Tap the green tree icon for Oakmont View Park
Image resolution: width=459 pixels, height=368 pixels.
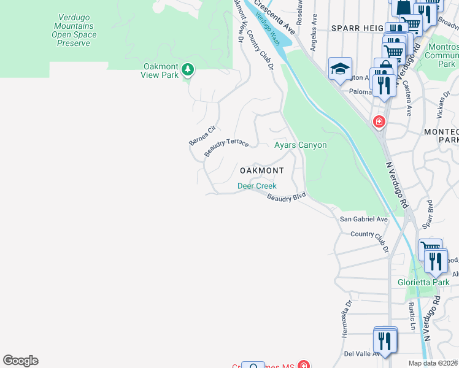(x=188, y=70)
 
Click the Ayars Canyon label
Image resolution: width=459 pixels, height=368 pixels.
(x=300, y=145)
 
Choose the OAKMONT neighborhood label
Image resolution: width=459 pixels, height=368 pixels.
(x=261, y=171)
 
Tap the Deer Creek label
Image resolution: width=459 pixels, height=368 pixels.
(x=257, y=186)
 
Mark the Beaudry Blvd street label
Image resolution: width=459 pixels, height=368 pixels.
(x=286, y=196)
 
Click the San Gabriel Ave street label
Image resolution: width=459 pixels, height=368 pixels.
(x=364, y=219)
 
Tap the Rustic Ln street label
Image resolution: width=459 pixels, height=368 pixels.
(x=409, y=313)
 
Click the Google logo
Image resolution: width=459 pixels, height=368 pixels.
(x=20, y=361)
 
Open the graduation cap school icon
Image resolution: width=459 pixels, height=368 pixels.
(x=339, y=69)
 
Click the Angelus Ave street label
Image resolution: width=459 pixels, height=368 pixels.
(x=314, y=37)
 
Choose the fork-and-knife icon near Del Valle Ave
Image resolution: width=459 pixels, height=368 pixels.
(x=385, y=340)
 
